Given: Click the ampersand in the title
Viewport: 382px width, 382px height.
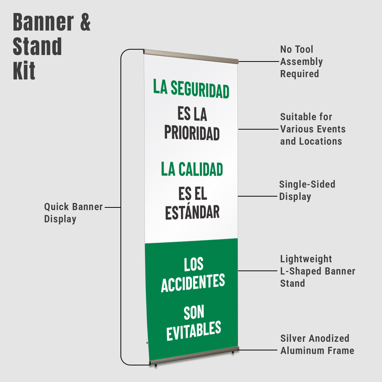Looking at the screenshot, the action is [x=85, y=22].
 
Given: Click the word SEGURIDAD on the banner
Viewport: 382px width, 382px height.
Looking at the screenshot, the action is [x=200, y=89].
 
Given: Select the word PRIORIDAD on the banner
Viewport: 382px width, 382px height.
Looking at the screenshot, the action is [x=192, y=133].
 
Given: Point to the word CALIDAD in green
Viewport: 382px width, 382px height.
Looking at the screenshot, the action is [x=201, y=169].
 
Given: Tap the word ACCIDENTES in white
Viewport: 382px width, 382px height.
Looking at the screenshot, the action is [x=193, y=283].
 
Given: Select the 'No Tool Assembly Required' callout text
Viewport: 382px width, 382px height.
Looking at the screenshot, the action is [x=302, y=61].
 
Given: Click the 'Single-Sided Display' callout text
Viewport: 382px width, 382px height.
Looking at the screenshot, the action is [x=307, y=190].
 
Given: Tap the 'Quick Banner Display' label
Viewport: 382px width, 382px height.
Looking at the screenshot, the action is [x=73, y=213].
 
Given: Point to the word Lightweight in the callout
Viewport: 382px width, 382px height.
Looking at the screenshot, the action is [x=306, y=259].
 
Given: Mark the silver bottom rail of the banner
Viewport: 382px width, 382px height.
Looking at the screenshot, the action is [x=194, y=356].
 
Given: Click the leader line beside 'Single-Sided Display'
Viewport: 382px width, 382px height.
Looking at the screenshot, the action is [x=257, y=196].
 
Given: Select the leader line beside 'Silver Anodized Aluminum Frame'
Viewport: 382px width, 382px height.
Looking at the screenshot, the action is [x=258, y=350].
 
